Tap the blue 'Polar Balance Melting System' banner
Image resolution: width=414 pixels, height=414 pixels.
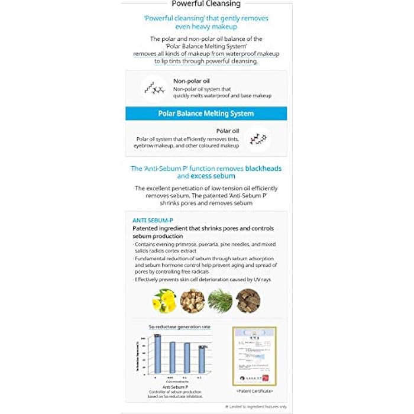point(206,113)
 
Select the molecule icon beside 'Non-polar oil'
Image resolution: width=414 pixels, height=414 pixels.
point(156,89)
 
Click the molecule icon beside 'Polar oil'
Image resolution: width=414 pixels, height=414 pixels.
point(257,139)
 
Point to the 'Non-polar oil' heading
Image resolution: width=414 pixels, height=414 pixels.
point(191,81)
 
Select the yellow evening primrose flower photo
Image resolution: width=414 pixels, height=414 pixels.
point(164,300)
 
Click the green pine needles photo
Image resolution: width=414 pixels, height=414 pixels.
point(220,300)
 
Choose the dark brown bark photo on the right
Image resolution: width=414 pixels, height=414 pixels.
point(248,300)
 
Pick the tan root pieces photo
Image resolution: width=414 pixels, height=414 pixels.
point(192,300)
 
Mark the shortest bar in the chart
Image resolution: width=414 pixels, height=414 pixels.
point(202,361)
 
